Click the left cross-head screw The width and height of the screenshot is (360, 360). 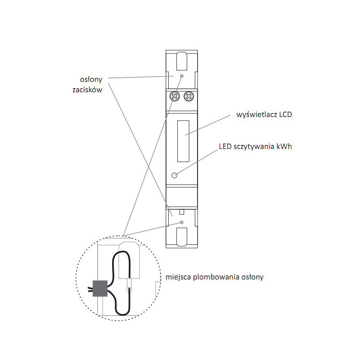click(x=174, y=96)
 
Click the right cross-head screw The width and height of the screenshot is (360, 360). click(x=189, y=96)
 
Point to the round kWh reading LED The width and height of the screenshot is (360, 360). click(x=175, y=175)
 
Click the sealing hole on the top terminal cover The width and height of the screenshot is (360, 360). click(x=181, y=76)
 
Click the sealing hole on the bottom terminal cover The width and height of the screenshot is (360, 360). click(x=181, y=222)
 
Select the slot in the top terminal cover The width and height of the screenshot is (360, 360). click(x=181, y=61)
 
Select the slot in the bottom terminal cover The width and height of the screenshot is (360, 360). click(x=181, y=237)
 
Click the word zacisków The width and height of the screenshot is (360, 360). click(x=87, y=90)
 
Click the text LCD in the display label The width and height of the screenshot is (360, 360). click(x=285, y=115)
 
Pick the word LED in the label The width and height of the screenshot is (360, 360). click(x=225, y=146)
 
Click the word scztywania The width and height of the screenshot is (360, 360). click(x=254, y=147)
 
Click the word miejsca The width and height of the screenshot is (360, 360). click(x=178, y=277)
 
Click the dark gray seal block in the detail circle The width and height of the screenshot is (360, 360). click(x=100, y=288)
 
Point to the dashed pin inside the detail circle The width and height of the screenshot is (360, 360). click(x=130, y=284)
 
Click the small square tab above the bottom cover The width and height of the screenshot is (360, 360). click(x=181, y=211)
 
